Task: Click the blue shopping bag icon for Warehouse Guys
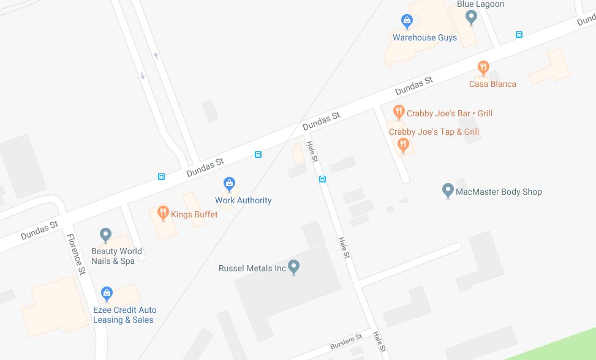pos(407,21)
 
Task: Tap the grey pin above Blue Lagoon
pos(471,17)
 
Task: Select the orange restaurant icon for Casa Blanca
pos(483,67)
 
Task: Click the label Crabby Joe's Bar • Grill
pos(450,113)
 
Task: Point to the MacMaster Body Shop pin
pos(448,190)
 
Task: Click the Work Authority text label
pos(243,200)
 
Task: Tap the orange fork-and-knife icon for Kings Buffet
pos(163,212)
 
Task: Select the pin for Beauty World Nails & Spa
pos(105,234)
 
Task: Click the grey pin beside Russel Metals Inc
pos(294,267)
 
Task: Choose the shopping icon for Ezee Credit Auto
pos(107,294)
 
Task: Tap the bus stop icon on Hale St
pos(322,179)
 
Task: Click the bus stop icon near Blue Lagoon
pos(519,35)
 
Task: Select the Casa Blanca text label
pos(492,84)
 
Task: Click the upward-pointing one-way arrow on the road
pos(156,56)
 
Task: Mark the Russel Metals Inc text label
pos(252,268)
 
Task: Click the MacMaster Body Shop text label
pos(499,192)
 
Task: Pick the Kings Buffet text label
pos(194,214)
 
